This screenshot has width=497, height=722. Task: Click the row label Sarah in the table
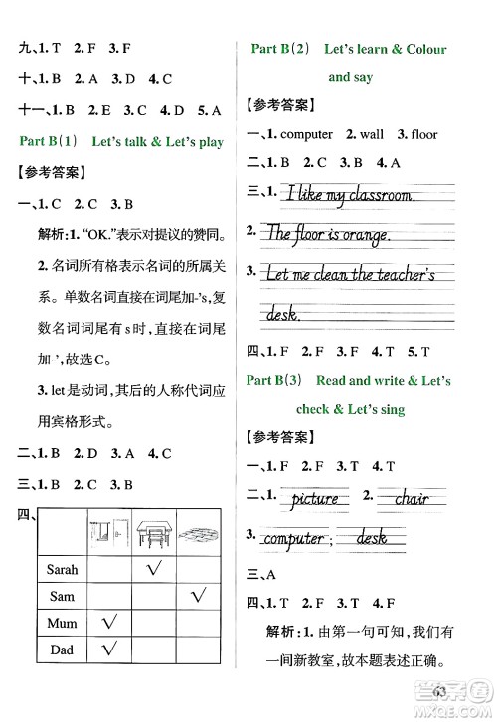62,570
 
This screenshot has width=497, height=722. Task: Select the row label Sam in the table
62,596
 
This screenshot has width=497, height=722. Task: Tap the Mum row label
62,623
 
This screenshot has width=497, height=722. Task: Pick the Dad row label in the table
62,650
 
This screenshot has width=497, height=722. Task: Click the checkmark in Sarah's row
153,570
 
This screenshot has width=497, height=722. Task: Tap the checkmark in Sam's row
199,596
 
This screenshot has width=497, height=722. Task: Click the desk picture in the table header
153,533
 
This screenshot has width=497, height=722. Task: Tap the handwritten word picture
315,498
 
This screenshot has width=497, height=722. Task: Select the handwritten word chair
411,498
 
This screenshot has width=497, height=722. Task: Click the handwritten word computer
293,539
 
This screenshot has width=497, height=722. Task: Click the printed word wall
371,134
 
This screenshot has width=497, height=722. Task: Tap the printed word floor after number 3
423,134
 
